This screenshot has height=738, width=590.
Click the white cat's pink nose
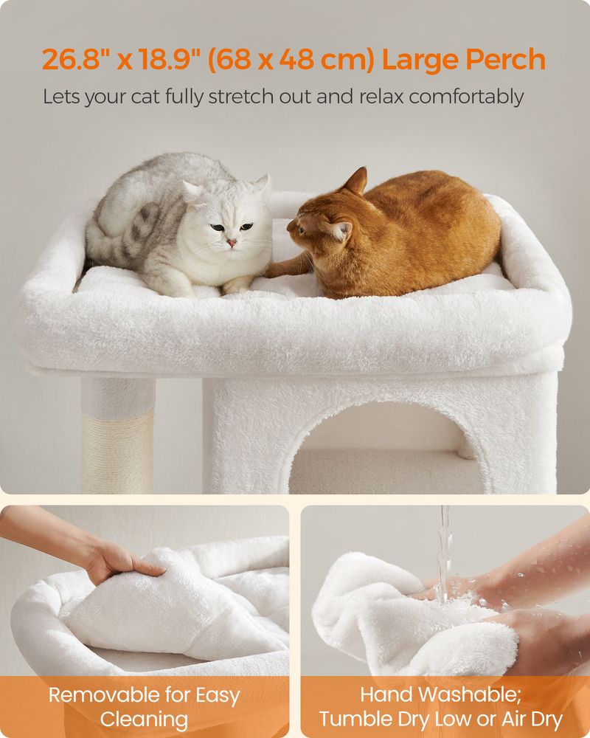(x=232, y=242)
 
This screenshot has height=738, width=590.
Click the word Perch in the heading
(x=502, y=59)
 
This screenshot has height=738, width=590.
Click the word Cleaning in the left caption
(x=145, y=719)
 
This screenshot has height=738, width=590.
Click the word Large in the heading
(x=417, y=59)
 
